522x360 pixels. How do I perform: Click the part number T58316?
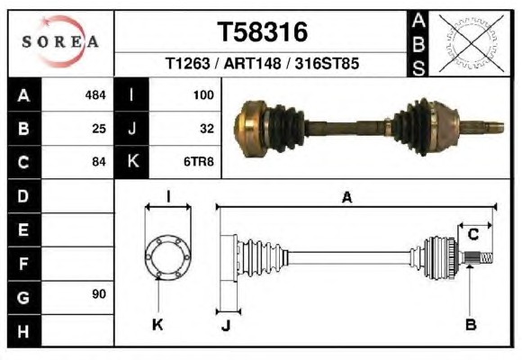coord(262,32)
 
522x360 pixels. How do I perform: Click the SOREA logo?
coord(60,41)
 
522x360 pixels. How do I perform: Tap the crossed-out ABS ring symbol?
coord(471,43)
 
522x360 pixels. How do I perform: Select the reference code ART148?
coord(252,63)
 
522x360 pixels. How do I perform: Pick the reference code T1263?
coord(188,63)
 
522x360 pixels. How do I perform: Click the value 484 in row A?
coord(95,95)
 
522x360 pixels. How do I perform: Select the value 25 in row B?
coord(99,129)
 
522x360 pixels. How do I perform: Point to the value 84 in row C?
coord(99,162)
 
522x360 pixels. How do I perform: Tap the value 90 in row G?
coord(99,293)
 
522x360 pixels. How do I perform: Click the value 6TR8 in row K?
coord(198,162)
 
